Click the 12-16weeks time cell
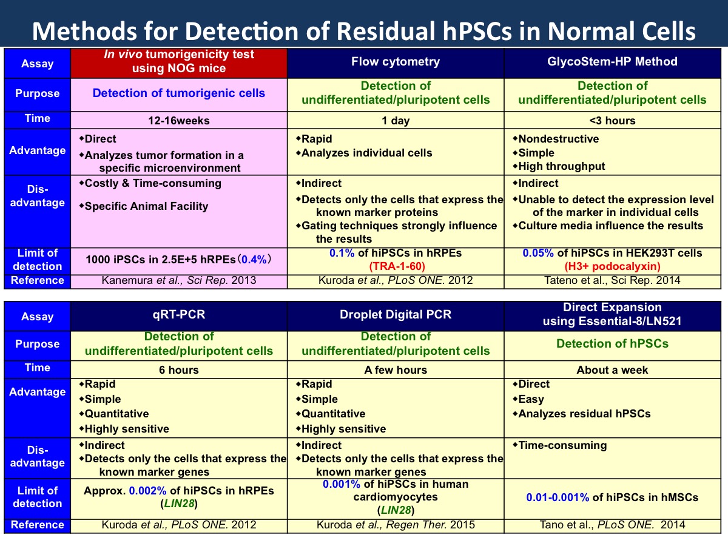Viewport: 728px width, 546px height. click(179, 120)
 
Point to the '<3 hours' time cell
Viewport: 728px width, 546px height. click(612, 120)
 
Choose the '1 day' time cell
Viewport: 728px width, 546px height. click(396, 120)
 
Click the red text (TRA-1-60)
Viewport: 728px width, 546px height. click(397, 266)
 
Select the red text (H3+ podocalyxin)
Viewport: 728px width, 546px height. click(612, 266)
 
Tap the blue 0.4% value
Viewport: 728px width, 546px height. click(254, 259)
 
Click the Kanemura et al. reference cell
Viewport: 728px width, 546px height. click(179, 280)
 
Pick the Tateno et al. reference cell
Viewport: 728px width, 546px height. click(612, 280)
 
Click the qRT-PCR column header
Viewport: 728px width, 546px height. click(179, 315)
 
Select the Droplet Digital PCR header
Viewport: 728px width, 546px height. click(396, 315)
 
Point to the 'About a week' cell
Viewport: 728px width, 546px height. click(612, 369)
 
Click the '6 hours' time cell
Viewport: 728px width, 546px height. click(179, 369)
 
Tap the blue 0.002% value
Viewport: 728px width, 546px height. click(147, 491)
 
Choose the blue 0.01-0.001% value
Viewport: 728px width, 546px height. click(558, 497)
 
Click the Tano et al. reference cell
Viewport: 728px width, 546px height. click(612, 525)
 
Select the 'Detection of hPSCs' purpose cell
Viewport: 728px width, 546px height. click(612, 344)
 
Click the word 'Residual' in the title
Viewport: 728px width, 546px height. click(386, 31)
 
